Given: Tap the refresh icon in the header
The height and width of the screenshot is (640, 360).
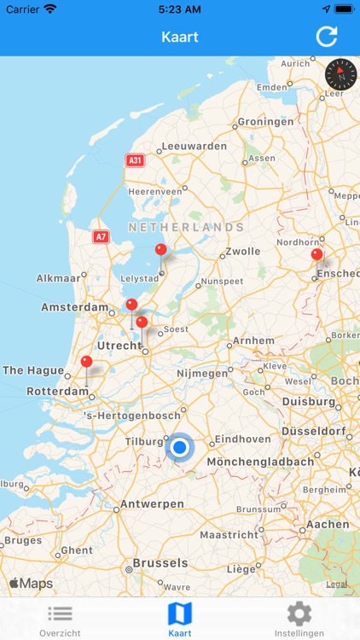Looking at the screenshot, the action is coord(327,37).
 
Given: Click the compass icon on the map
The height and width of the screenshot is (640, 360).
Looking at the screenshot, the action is coord(340,74).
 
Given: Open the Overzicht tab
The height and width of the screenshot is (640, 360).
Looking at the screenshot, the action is coord(60,620).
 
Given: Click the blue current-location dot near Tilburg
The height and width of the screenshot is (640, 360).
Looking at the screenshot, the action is coord(180,447).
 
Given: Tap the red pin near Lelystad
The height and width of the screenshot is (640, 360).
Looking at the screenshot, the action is coord(160,250).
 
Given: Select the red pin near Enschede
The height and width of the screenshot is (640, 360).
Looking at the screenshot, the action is coord(316,254).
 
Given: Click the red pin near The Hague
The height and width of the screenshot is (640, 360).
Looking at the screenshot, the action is coord(86,362).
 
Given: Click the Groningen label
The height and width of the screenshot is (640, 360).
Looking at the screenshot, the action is coord(264,122).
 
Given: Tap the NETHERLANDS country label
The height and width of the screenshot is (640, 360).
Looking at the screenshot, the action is coord(186,227).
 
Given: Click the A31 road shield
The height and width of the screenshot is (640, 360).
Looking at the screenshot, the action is coord(134,160).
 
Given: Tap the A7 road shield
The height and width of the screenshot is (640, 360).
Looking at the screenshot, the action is coord(101,236).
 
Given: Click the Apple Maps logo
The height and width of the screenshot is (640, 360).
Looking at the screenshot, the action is coord(31,584).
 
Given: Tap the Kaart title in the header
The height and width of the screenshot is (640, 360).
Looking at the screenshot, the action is coord(179,37).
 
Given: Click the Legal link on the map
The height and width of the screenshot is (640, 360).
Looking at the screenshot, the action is coord(336,585).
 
